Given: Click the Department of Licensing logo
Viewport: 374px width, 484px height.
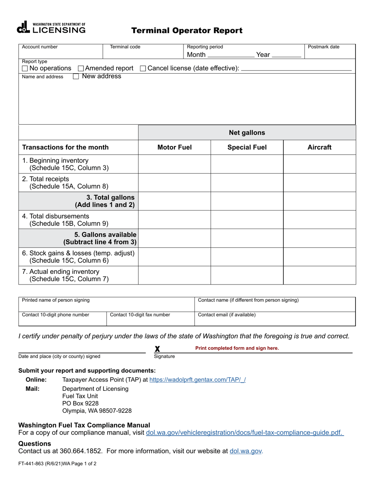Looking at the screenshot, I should click(x=51, y=28).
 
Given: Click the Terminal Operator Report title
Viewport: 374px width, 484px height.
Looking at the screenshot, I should click(x=187, y=31).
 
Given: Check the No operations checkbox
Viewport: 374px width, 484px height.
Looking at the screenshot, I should click(x=25, y=68).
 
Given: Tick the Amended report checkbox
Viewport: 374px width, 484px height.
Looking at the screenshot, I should click(x=81, y=68).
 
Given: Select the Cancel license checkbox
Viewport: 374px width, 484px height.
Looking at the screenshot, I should click(x=143, y=68).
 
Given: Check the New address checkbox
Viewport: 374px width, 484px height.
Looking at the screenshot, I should click(x=76, y=76).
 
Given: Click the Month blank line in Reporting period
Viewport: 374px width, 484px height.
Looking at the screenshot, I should click(x=231, y=55).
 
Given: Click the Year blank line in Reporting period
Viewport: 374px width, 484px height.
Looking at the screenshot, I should click(x=287, y=55).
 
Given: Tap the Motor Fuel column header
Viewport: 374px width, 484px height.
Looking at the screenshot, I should click(x=174, y=147).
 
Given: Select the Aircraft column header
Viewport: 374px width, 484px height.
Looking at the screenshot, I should click(x=319, y=147).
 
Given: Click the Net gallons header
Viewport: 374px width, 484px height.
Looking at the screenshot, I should click(x=247, y=133).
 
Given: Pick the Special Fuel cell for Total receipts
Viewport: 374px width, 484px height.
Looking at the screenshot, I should click(x=247, y=183).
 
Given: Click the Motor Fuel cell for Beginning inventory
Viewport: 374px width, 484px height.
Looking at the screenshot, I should click(x=174, y=164).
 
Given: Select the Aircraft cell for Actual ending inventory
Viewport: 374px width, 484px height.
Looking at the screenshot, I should click(x=319, y=275).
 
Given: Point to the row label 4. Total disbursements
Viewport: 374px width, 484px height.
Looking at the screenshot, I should click(x=56, y=216).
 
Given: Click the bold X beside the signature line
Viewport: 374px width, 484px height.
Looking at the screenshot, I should click(x=157, y=349).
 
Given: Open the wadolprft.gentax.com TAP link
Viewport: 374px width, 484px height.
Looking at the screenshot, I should click(x=198, y=380).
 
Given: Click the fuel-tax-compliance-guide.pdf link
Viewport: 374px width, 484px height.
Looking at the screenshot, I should click(x=244, y=433).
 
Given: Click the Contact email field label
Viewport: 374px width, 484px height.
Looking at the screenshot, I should click(x=227, y=315).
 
